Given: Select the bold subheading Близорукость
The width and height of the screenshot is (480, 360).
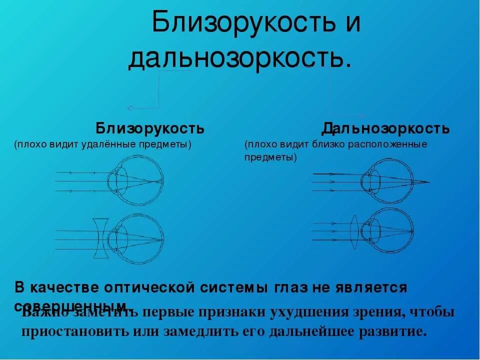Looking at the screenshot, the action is [x=150, y=128].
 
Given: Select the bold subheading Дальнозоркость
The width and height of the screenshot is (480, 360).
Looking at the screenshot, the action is [x=385, y=128].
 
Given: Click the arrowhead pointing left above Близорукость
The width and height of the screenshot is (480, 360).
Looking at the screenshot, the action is [x=129, y=107].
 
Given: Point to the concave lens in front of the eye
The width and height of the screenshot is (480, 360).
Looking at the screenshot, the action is [x=100, y=238].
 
